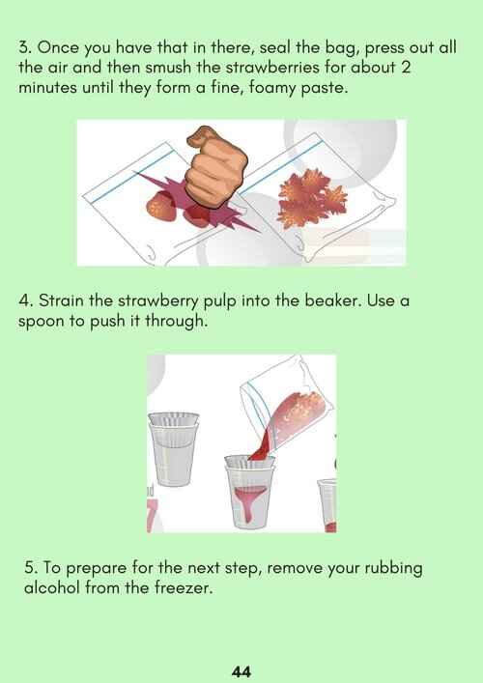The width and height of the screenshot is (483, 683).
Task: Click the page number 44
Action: (241, 671)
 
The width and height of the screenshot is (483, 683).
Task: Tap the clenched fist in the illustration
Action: (215, 167)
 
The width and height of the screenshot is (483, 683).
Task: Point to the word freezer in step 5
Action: (184, 588)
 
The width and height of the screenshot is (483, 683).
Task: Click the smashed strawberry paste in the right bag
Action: (312, 198)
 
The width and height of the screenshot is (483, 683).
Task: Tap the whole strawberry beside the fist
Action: (161, 206)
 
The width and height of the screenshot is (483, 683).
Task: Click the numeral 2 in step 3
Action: (406, 69)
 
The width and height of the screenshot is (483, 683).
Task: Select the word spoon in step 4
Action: (41, 323)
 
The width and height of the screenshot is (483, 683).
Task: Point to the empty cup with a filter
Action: (174, 448)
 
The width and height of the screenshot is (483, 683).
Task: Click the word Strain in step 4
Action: (62, 301)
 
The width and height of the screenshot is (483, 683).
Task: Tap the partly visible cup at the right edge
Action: (327, 505)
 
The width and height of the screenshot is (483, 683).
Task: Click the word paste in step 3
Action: (325, 89)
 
